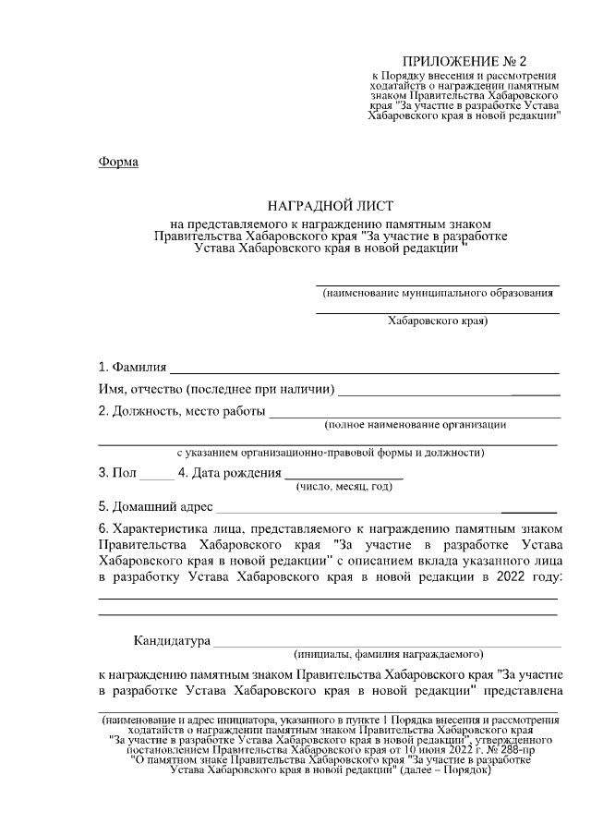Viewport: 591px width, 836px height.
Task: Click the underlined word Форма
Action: click(118, 163)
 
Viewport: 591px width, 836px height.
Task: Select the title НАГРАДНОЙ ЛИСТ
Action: click(330, 203)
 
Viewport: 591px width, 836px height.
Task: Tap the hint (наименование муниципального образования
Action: click(438, 293)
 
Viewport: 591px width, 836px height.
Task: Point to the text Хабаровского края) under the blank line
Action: click(437, 321)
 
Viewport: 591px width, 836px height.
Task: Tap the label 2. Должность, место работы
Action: click(182, 411)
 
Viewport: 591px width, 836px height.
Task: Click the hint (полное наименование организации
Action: click(415, 425)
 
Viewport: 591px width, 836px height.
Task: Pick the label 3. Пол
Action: click(116, 473)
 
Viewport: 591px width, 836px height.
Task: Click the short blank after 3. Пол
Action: click(156, 478)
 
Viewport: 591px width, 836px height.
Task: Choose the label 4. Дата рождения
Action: click(229, 473)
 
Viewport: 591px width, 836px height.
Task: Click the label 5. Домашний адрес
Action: click(155, 506)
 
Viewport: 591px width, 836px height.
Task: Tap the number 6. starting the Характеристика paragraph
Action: click(103, 528)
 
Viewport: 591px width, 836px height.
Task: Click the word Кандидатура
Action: click(172, 640)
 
